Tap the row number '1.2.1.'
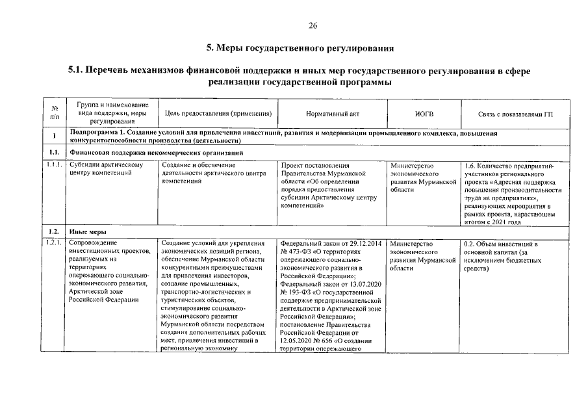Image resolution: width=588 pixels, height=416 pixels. pyautogui.click(x=55, y=244)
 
